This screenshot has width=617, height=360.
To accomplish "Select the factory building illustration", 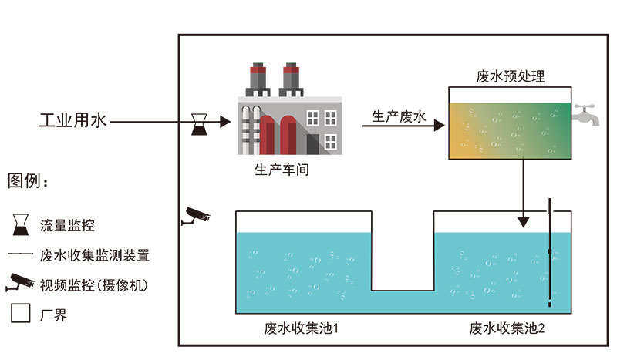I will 285,116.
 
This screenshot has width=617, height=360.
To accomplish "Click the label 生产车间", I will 282,170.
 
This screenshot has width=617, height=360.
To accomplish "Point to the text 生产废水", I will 399,116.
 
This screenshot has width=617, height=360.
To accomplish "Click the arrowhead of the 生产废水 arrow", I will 438,123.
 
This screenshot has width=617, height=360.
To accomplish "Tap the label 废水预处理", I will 511,76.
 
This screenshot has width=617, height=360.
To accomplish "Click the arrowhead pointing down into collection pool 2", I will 524,221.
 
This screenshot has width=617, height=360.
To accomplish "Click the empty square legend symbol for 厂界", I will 21,315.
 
